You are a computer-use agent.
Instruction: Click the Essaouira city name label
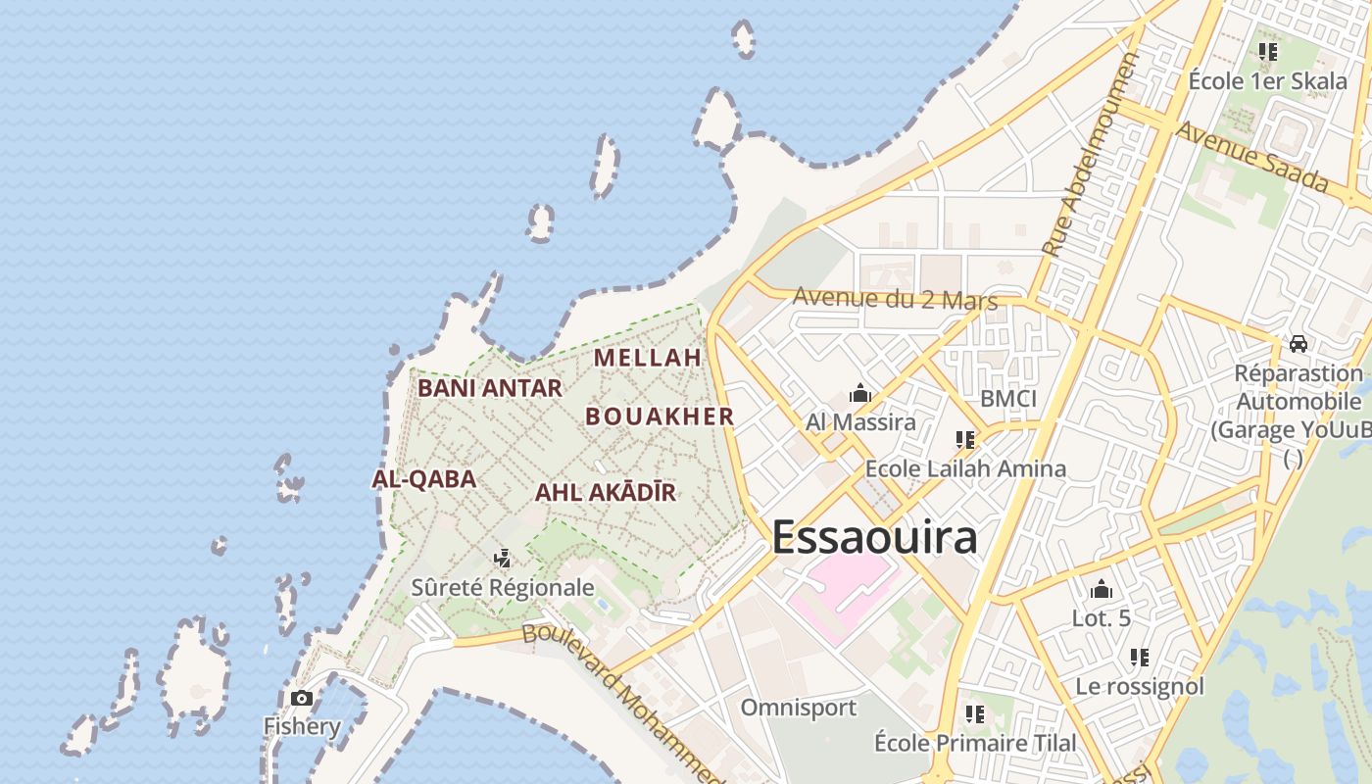coord(874,538)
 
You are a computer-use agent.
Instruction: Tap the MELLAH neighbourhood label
coord(648,358)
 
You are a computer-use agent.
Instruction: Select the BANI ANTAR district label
coord(490,388)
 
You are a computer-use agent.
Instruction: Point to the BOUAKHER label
coord(660,416)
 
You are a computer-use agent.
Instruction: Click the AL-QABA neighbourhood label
coord(424,479)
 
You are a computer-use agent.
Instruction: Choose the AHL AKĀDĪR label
coord(606,492)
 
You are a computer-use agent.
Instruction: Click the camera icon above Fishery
coord(302,698)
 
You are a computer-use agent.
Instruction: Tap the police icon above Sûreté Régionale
coord(503,559)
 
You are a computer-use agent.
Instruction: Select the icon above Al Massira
coord(860,394)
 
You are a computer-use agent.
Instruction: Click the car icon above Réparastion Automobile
coord(1298,343)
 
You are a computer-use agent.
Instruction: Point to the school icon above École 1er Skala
coord(1268,52)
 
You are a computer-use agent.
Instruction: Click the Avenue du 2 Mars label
coord(895,298)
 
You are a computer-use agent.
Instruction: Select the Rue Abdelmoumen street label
coord(1090,154)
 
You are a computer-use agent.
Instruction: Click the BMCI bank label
coord(1008,399)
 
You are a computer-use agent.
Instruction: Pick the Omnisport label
coord(798,708)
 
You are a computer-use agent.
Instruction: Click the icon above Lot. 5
coord(1102,590)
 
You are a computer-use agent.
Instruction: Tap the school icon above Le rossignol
coord(1139,657)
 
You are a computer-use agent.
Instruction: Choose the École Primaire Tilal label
coord(974,743)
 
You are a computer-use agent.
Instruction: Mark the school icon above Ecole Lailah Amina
coord(965,440)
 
